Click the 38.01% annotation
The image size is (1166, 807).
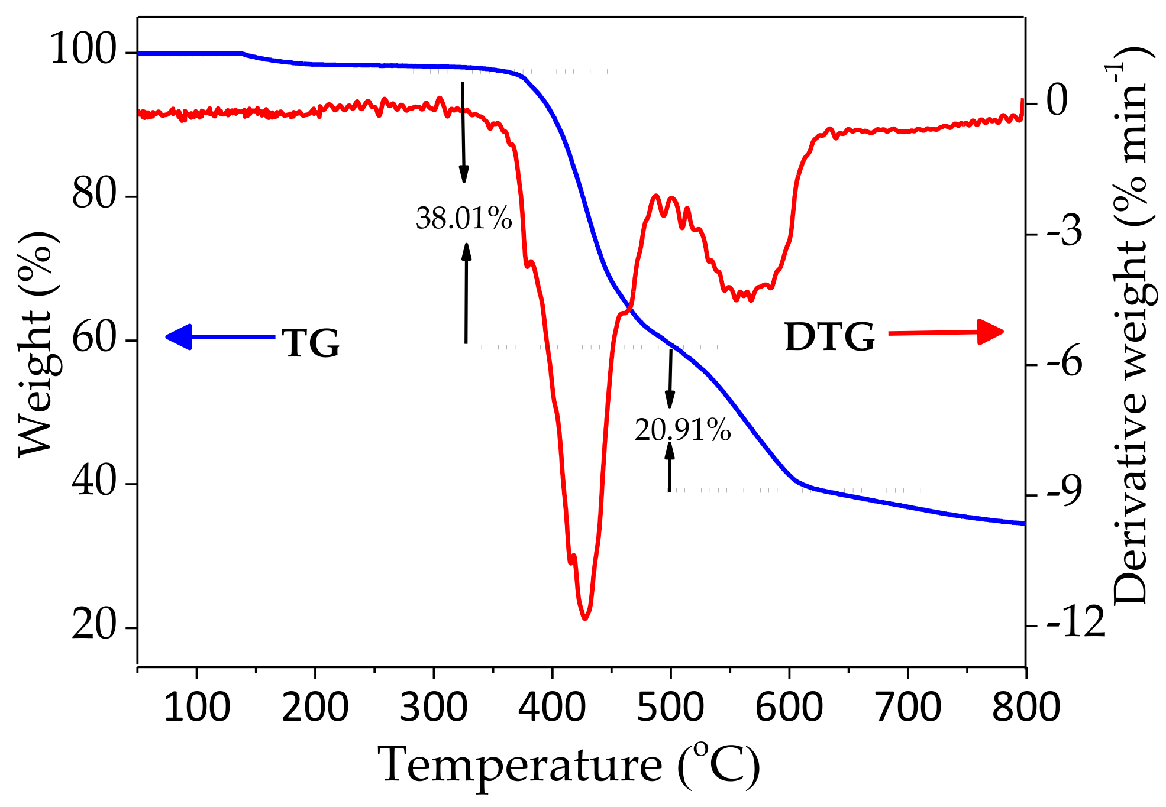click(463, 219)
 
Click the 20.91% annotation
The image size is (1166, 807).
click(682, 430)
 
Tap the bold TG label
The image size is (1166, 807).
click(311, 343)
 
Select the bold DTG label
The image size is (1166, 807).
click(829, 338)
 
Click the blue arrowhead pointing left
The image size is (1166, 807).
click(179, 337)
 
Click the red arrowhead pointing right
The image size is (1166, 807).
click(990, 332)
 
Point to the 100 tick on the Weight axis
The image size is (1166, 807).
click(83, 50)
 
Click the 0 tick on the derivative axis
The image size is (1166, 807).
click(1058, 101)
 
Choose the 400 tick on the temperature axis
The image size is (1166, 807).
click(552, 707)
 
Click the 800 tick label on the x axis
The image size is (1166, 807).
click(1026, 707)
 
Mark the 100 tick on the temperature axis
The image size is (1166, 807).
click(196, 707)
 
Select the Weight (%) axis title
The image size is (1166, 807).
click(37, 343)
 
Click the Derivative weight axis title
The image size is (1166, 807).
click(1130, 325)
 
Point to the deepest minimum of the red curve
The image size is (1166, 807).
click(584, 618)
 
